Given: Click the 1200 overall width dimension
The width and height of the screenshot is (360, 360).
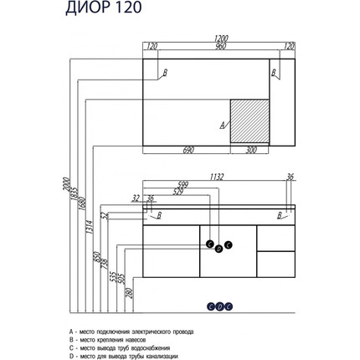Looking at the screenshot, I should click(x=220, y=39).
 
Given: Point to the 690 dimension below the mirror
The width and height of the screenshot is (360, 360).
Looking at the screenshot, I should click(x=188, y=151).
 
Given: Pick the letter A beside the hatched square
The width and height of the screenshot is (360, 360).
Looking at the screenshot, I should click(x=222, y=125).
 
